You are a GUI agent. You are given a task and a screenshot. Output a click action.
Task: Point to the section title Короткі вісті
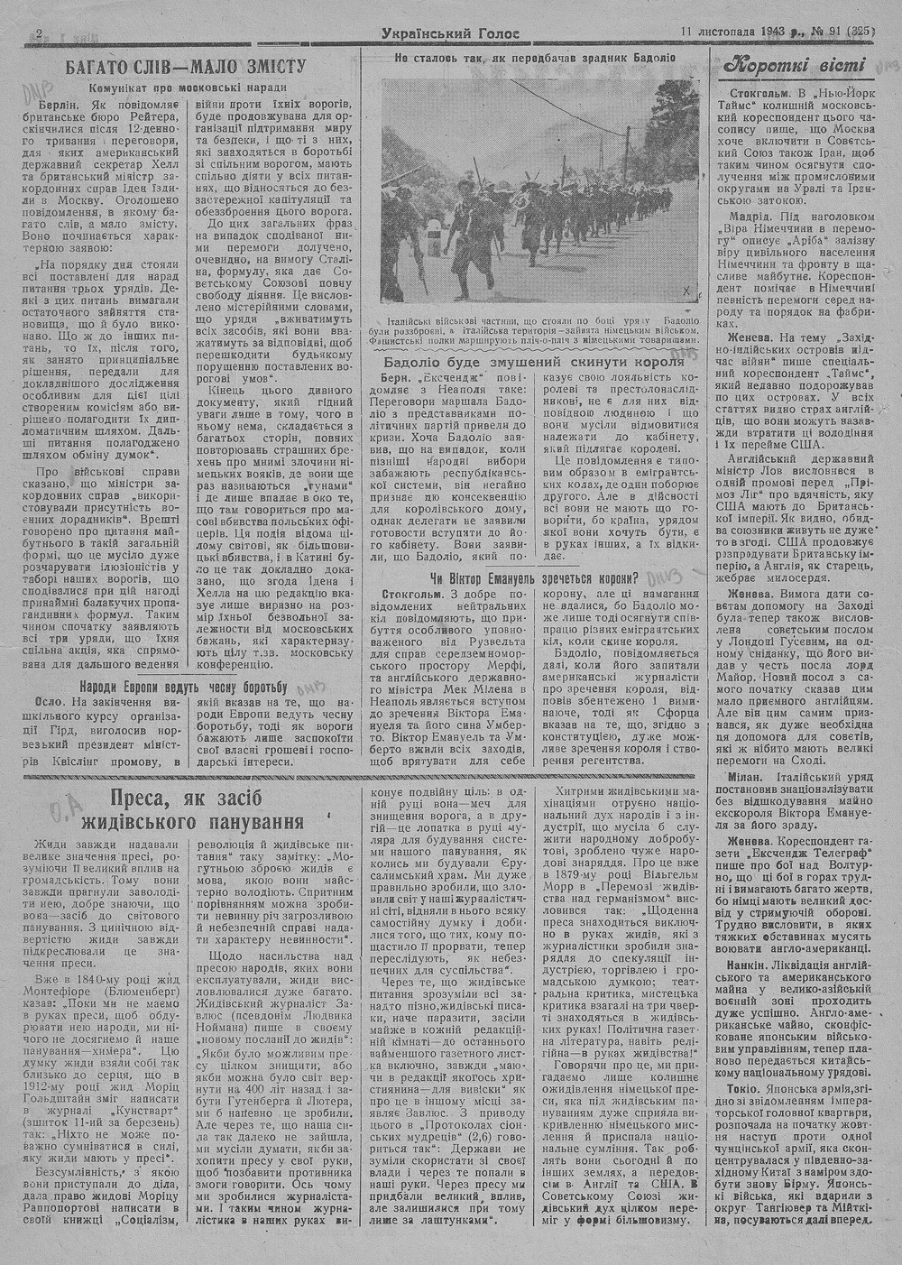tap(796, 66)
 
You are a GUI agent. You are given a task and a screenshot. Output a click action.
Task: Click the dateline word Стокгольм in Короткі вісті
tap(765, 94)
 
